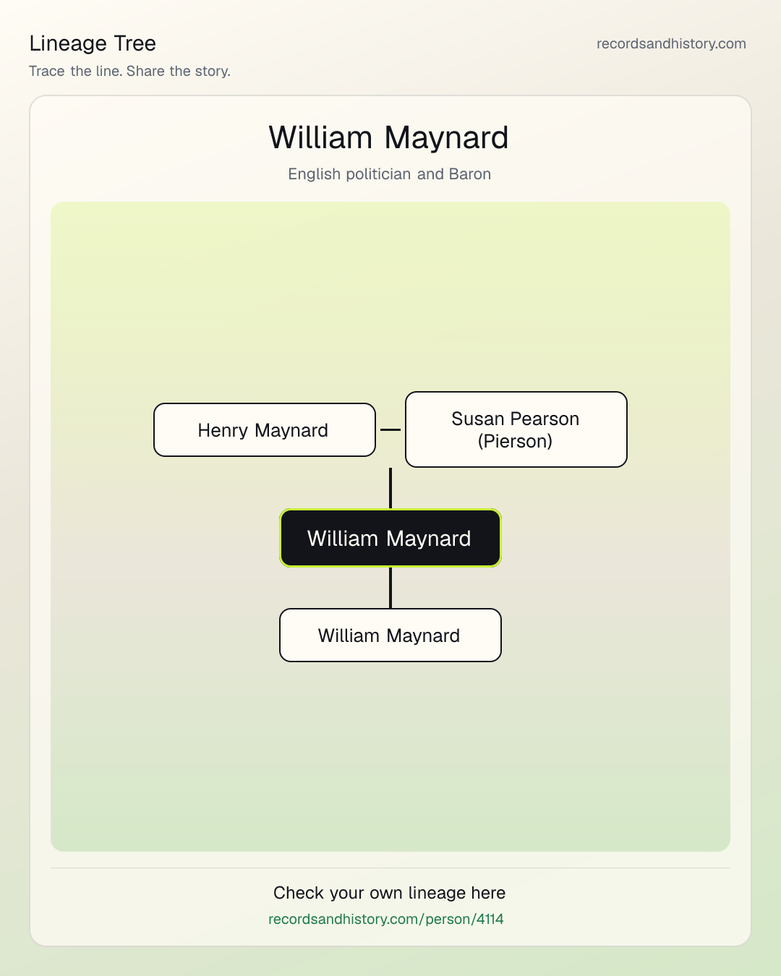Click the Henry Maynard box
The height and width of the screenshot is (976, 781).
coord(265,429)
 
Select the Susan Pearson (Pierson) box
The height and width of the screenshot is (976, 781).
coord(516,429)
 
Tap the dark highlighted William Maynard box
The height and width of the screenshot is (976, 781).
coord(390,538)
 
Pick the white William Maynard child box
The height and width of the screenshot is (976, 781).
coord(390,635)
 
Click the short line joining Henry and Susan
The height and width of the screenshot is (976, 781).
coord(390,429)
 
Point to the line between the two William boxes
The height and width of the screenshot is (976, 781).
coord(390,588)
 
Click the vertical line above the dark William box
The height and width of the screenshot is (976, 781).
coord(390,489)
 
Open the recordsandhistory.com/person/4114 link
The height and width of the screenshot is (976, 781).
coord(385,919)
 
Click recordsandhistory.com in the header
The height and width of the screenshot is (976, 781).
coord(671,43)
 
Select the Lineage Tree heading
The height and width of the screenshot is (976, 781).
coord(93,43)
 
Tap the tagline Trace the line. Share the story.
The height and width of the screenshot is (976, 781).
coord(129,71)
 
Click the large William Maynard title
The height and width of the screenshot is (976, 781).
coord(388,137)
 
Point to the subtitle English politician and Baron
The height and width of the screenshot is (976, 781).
coord(389,174)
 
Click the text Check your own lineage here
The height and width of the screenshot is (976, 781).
coord(389,893)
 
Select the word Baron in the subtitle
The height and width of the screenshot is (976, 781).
coord(470,174)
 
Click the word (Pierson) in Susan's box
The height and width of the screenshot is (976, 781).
coord(515,441)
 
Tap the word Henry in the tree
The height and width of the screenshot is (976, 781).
coord(223,430)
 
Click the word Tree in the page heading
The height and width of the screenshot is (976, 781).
coord(135,43)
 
